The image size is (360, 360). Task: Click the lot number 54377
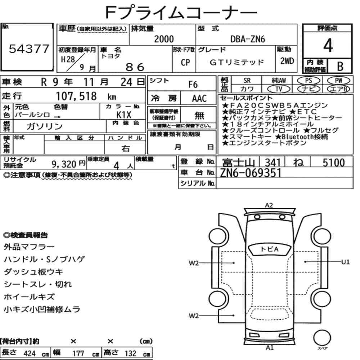click(x=29, y=49)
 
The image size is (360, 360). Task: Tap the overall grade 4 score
click(x=328, y=45)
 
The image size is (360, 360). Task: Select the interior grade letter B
click(x=340, y=66)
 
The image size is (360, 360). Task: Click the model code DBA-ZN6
click(x=248, y=39)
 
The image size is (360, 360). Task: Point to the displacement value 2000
click(x=164, y=39)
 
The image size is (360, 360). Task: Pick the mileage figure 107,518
click(x=76, y=96)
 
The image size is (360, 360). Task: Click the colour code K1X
click(x=124, y=114)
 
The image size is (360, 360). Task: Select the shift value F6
click(x=193, y=85)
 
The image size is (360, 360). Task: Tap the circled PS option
click(x=309, y=81)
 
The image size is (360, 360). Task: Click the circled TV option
click(x=279, y=89)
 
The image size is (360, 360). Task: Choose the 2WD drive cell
click(x=287, y=61)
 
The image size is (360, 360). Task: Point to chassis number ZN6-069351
click(x=251, y=173)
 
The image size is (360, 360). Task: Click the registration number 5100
click(x=334, y=163)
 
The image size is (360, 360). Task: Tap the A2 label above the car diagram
click(x=269, y=205)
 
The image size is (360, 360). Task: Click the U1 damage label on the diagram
click(x=345, y=262)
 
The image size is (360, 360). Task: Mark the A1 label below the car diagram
click(x=269, y=348)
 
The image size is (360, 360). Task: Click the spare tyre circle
click(x=322, y=338)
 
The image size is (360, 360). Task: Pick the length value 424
click(x=30, y=354)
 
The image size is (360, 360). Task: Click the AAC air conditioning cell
click(x=199, y=99)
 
